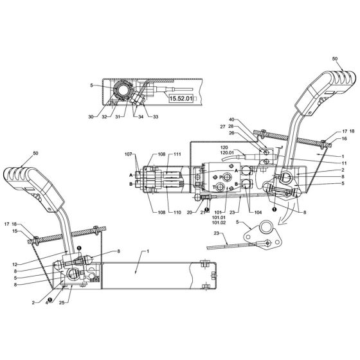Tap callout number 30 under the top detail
[x=91, y=116]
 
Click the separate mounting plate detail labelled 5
[x=264, y=233]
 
